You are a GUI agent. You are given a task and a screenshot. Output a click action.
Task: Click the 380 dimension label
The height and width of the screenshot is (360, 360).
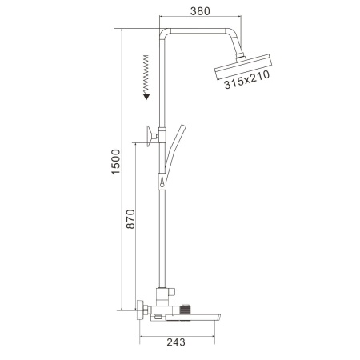(200, 11)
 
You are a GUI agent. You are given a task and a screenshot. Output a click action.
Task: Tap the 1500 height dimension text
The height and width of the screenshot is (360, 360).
(116, 162)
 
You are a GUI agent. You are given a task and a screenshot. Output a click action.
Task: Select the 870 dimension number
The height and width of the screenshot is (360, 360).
(130, 219)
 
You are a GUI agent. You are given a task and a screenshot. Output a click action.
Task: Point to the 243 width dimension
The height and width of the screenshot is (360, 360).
(176, 342)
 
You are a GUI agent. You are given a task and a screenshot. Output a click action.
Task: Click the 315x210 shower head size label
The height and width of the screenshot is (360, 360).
(247, 79)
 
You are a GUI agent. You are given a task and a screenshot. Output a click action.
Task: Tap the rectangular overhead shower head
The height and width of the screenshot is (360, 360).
(243, 67)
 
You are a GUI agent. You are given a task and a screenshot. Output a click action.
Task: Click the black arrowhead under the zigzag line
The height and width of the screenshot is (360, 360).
(146, 97)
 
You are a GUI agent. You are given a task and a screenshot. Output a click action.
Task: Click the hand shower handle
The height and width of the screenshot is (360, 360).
(174, 150)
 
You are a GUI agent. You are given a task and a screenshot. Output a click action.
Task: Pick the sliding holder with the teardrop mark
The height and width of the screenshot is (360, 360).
(162, 182)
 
